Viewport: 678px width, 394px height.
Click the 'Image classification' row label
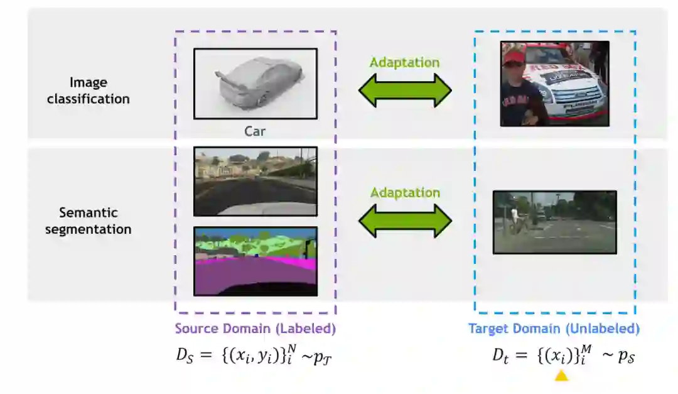(88, 90)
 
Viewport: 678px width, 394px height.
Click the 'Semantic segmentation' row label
(88, 221)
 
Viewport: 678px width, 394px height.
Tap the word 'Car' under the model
(255, 131)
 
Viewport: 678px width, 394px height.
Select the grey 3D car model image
(256, 84)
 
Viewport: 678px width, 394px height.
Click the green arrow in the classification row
(405, 90)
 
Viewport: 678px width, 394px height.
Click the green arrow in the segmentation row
(405, 220)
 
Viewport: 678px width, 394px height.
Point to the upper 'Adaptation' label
(404, 62)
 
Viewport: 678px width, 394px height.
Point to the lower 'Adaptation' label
(404, 192)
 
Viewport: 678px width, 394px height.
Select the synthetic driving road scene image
(256, 181)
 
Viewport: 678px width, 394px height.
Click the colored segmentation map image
(256, 261)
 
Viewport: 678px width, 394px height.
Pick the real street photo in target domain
(554, 222)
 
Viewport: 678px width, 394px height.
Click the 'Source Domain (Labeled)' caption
(255, 329)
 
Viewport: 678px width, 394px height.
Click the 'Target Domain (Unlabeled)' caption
(554, 329)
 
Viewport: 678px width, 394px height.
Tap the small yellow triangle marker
(561, 376)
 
